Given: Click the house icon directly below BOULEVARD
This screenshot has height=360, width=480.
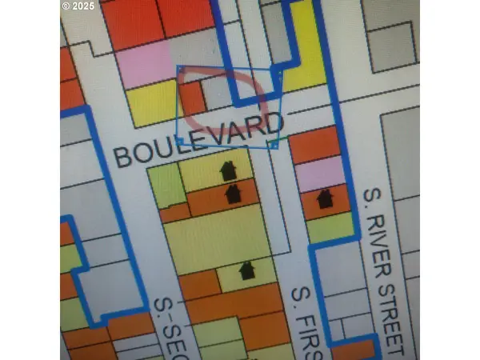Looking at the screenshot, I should pyautogui.click(x=228, y=170).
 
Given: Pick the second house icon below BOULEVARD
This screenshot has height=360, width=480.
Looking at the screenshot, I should pyautogui.click(x=234, y=194).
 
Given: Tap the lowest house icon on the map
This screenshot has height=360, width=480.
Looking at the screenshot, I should pyautogui.click(x=246, y=270).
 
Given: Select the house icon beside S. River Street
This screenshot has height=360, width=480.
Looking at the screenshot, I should pyautogui.click(x=325, y=198).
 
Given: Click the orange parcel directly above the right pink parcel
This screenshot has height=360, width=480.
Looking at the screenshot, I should pyautogui.click(x=314, y=144).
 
